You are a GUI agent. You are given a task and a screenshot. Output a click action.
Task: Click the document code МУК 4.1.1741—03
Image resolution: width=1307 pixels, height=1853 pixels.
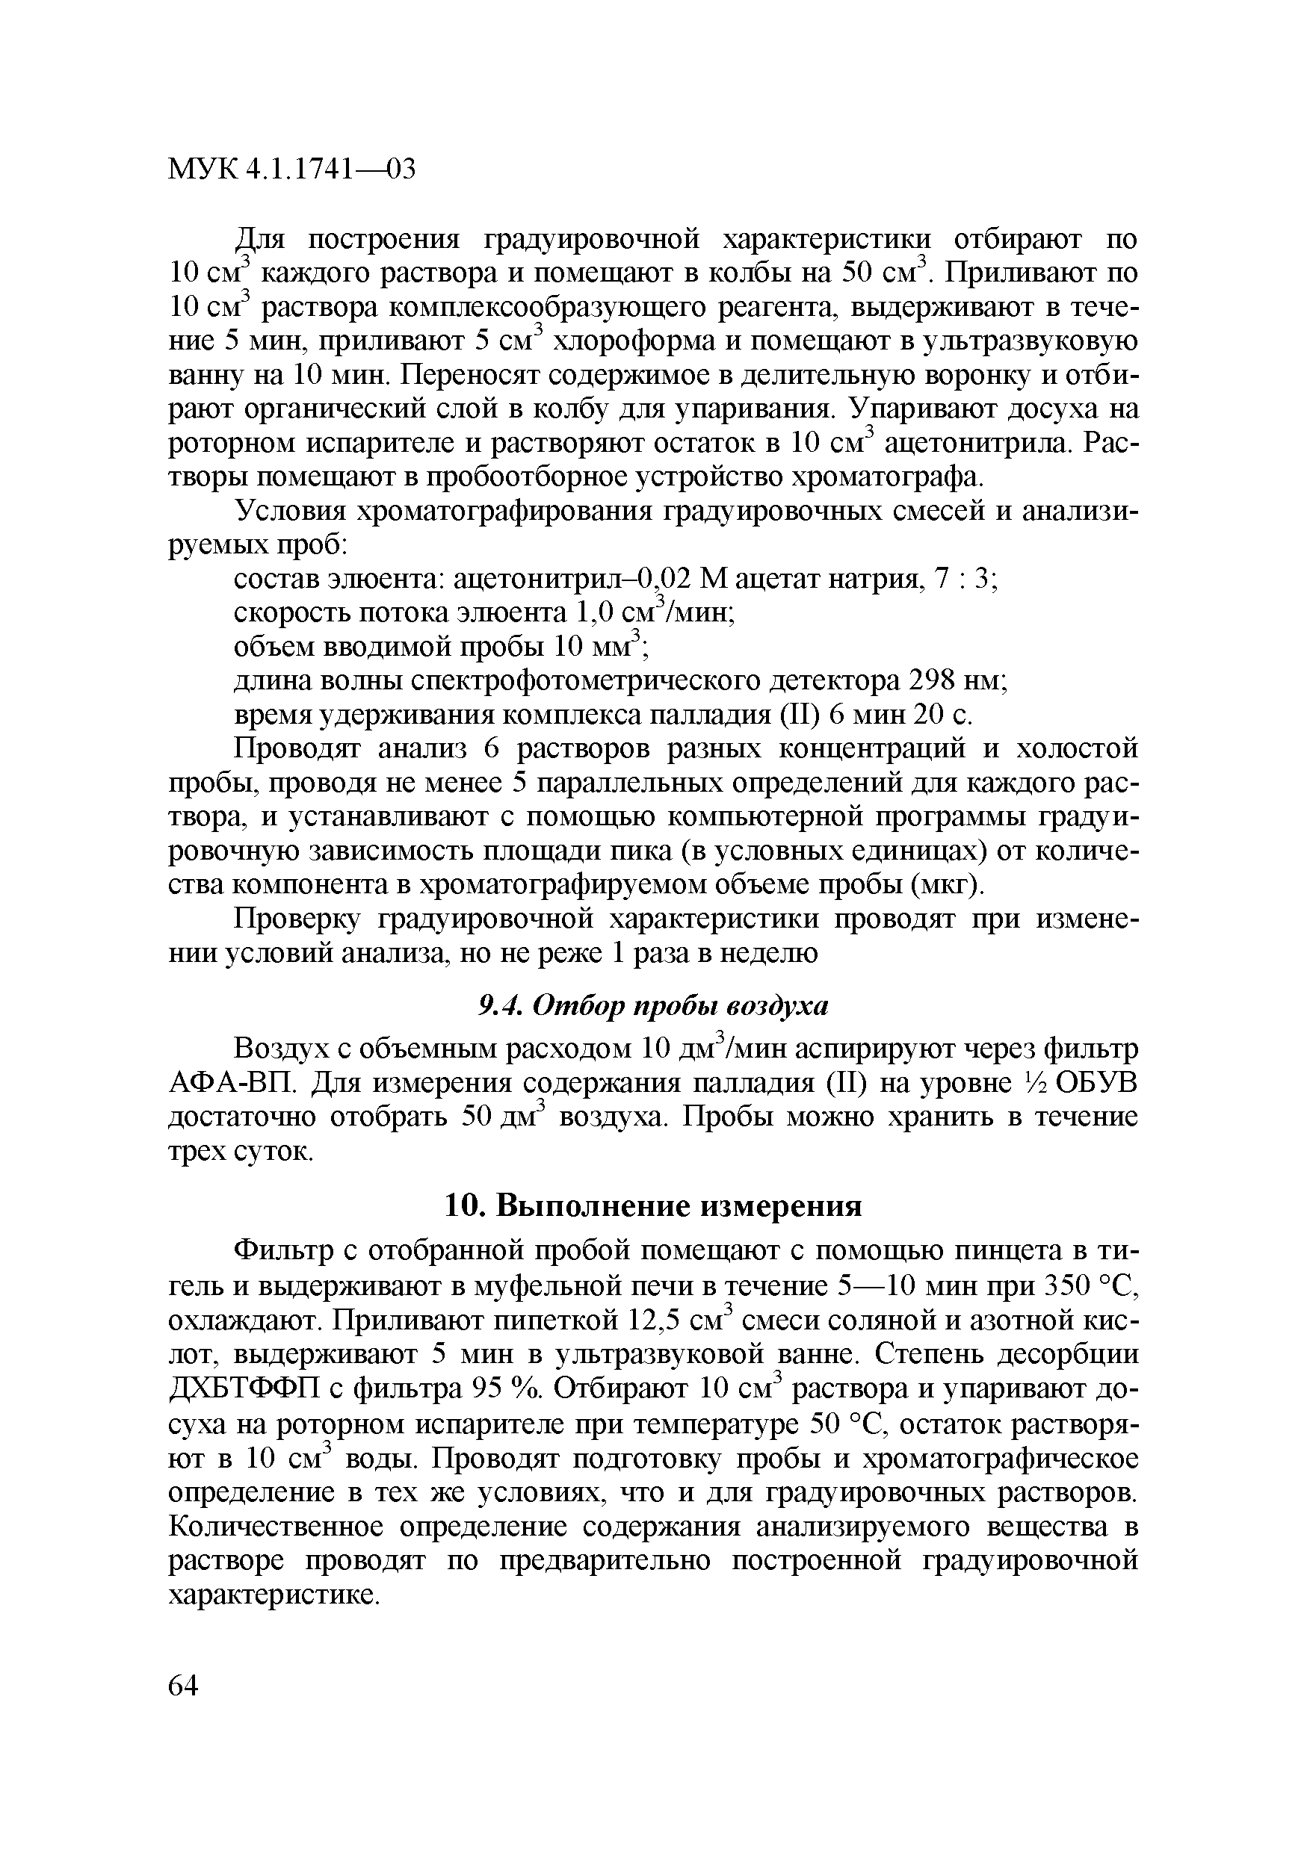click(291, 170)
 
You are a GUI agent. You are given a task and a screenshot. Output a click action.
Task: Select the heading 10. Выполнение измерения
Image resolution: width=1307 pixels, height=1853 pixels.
click(654, 1206)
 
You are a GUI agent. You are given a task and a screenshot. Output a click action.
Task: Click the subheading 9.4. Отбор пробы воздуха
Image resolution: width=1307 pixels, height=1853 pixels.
click(654, 1005)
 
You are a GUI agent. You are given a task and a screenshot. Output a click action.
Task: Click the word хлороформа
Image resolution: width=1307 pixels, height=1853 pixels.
click(634, 341)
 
